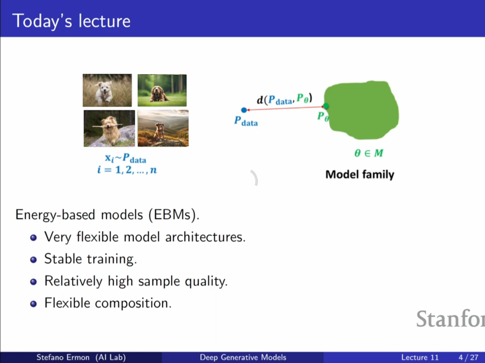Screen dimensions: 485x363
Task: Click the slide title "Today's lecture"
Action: click(x=71, y=21)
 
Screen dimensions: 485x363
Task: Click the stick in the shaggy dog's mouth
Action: click(x=107, y=126)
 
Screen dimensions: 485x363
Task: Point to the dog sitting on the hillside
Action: click(x=160, y=131)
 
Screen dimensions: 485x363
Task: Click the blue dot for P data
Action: click(x=244, y=110)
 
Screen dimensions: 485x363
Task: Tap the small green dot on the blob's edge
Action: click(x=326, y=106)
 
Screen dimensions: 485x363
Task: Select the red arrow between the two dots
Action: click(x=285, y=108)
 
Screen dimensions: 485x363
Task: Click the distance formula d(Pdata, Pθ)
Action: click(x=284, y=99)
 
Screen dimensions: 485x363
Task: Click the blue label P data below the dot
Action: click(x=246, y=121)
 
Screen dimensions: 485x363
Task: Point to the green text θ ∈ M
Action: click(x=369, y=153)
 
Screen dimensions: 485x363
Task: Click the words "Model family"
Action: click(x=360, y=175)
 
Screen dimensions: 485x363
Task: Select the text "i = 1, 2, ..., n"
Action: click(x=127, y=170)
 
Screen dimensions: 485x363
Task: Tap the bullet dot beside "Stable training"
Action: click(x=33, y=260)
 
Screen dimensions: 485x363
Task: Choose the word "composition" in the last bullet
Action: click(x=133, y=303)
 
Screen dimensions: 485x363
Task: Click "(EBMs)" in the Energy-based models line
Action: click(x=174, y=215)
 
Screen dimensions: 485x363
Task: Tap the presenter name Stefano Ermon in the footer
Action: click(x=63, y=357)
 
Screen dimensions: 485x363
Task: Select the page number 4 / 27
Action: click(x=468, y=357)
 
